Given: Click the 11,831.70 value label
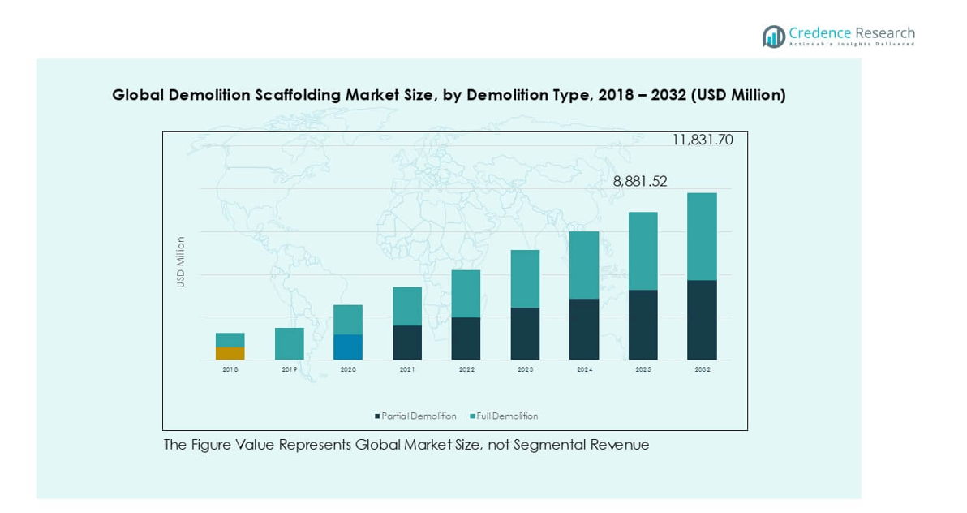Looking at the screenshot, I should tap(702, 140).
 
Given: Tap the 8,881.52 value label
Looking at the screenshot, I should tap(640, 182).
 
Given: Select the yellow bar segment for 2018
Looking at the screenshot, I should tap(230, 353).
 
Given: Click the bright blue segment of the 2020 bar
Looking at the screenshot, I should tap(348, 347).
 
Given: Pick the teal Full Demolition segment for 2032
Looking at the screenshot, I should tap(702, 236).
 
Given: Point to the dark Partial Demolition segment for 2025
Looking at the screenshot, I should tap(643, 325).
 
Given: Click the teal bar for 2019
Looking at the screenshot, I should tap(290, 343).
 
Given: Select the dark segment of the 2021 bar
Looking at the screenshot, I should tap(407, 343).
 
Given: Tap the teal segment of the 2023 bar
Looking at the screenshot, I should tap(525, 278).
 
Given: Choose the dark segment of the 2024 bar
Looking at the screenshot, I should tap(584, 329).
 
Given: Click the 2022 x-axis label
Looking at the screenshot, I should tap(466, 369).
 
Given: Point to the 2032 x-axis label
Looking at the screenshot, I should tap(702, 369).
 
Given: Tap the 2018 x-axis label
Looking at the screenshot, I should tap(230, 369).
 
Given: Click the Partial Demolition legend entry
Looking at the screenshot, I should tap(415, 416).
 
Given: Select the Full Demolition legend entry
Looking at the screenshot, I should tap(504, 416).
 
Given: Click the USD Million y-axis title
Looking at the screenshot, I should tap(181, 261).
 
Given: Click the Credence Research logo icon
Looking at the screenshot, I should tap(773, 37).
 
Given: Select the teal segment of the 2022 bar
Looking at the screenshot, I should tap(466, 293).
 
